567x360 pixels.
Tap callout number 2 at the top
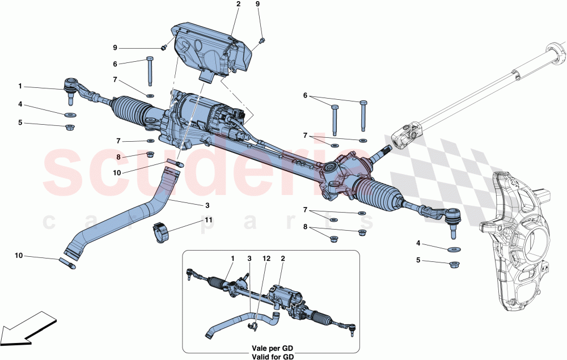pos(238,5)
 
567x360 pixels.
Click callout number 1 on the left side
pos(20,86)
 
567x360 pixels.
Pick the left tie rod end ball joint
pos(71,89)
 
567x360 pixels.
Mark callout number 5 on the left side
pos(20,122)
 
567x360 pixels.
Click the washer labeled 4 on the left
pos(71,115)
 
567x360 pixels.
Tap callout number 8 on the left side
pos(119,157)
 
